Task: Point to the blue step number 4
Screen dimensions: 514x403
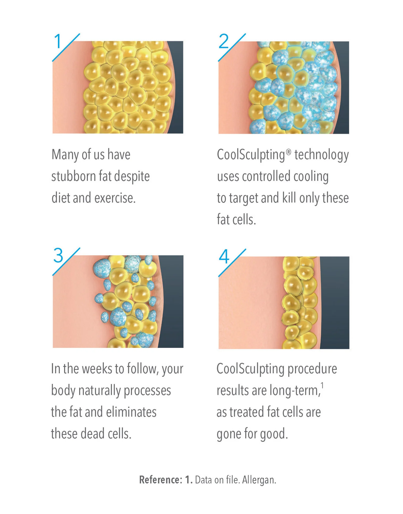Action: [224, 257]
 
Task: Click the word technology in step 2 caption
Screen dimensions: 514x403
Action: [321, 155]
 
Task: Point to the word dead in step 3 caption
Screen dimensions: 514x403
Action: [92, 434]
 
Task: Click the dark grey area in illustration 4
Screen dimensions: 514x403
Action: [335, 303]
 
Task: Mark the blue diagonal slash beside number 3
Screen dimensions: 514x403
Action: [66, 261]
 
